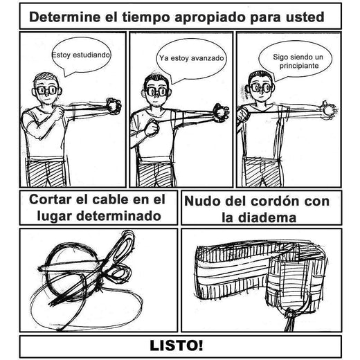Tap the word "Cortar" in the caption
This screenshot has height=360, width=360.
54,200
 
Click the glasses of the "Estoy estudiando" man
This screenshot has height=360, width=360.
46,89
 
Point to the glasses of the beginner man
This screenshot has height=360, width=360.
261,88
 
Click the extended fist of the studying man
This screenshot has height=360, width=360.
111,106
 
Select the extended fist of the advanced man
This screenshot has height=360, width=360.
222,109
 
